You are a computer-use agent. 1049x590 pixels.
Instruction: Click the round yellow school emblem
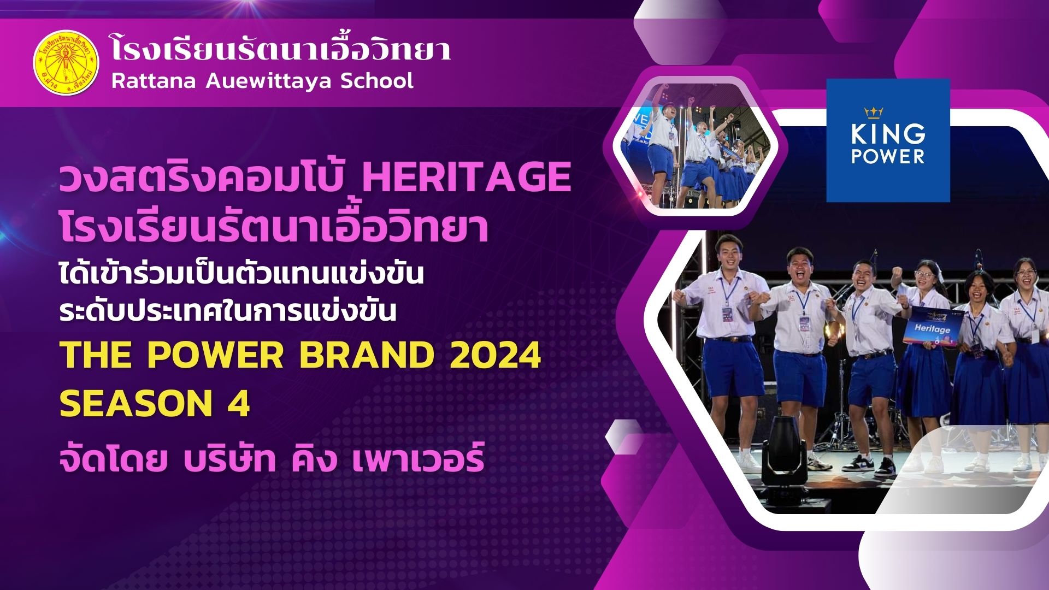pos(66,63)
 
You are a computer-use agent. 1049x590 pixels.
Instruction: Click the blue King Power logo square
pos(888,140)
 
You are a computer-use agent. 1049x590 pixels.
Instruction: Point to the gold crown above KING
pos(874,113)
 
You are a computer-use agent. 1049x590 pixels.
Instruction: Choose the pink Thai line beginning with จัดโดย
pos(272,456)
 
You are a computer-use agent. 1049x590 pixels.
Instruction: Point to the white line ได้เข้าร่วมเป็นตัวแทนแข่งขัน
pos(241,273)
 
